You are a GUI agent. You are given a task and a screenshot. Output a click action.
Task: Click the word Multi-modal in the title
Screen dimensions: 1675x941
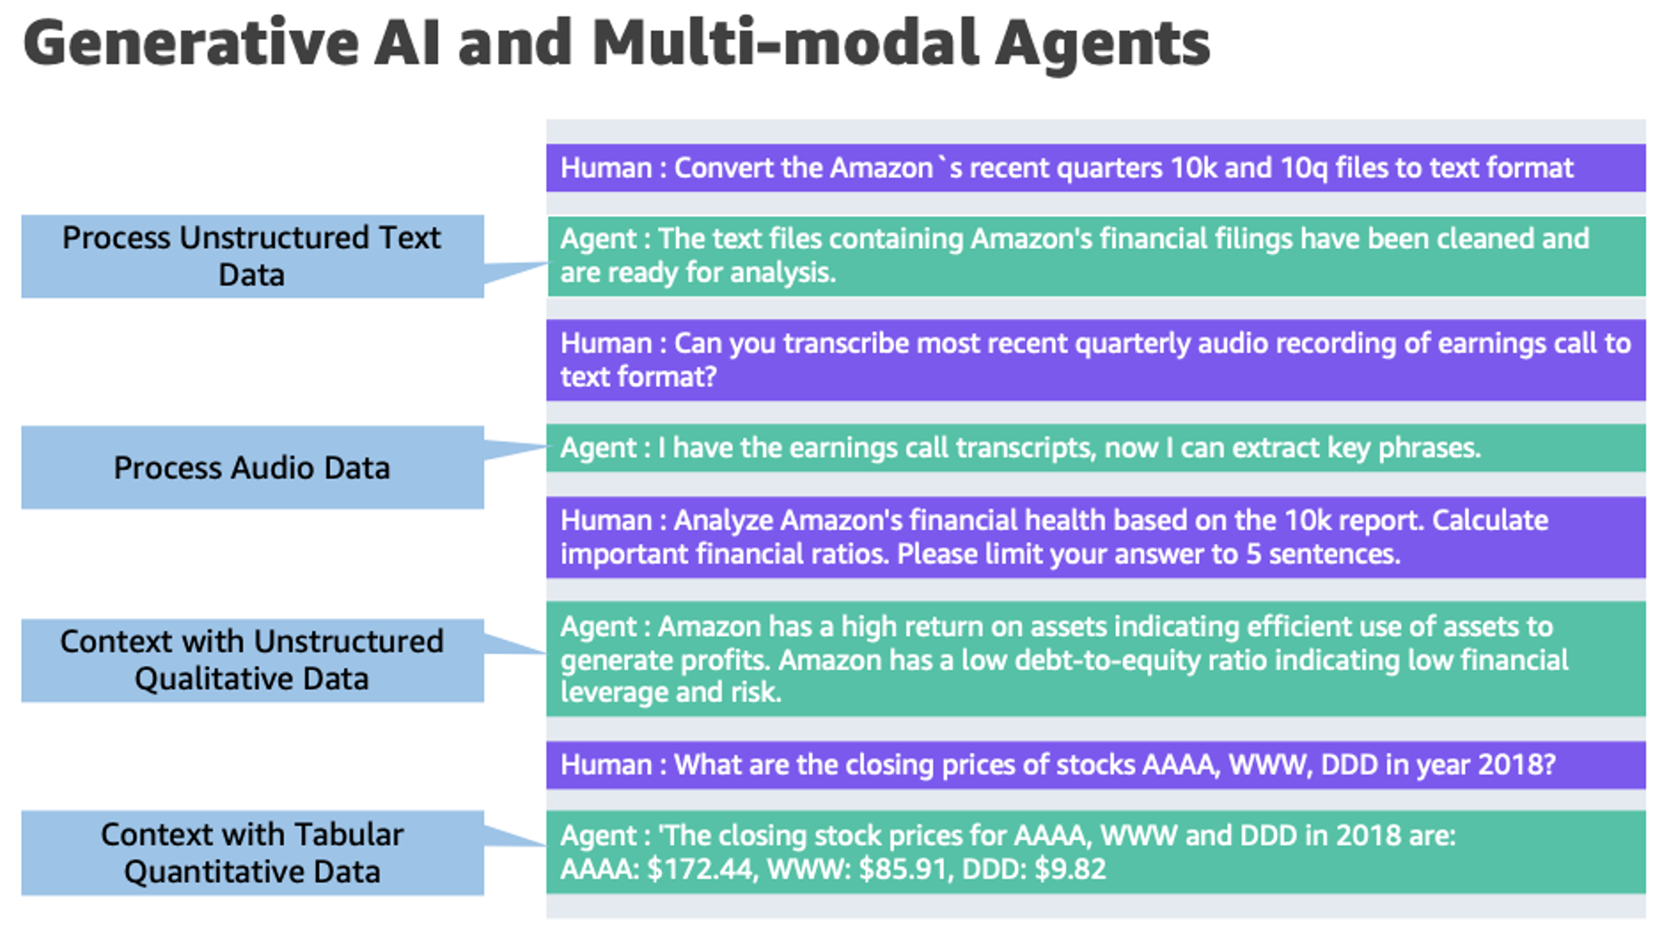pos(786,43)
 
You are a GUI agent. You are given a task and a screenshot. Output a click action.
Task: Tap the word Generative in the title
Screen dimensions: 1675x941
pos(191,43)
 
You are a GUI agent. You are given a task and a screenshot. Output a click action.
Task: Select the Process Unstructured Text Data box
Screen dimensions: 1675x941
pos(252,256)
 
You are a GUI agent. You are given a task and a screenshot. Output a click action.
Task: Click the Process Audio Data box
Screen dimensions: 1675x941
pos(252,467)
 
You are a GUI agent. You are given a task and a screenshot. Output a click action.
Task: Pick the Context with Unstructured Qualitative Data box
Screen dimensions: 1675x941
pos(252,660)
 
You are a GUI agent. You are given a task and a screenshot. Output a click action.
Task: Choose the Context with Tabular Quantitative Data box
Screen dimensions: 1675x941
pos(252,852)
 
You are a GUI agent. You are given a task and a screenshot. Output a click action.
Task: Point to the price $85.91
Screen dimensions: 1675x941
pos(905,869)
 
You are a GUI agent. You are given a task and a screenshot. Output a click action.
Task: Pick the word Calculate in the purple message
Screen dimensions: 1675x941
pos(1490,520)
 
